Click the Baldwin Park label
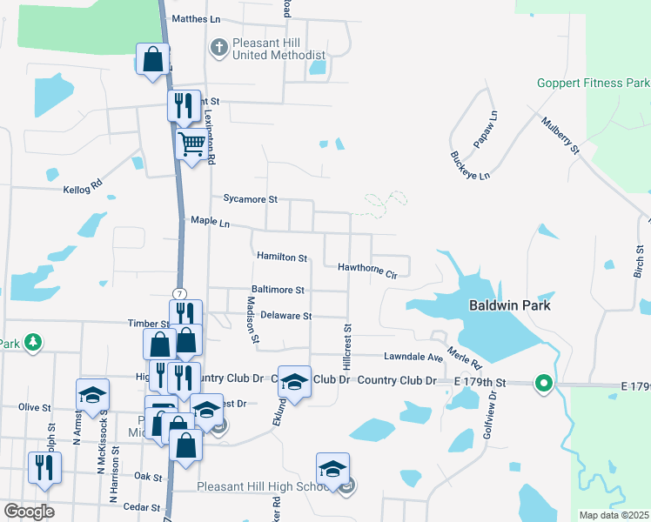pyautogui.click(x=510, y=305)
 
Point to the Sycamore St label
pyautogui.click(x=250, y=199)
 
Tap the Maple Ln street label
pyautogui.click(x=210, y=224)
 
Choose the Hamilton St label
pyautogui.click(x=282, y=258)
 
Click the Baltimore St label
pyautogui.click(x=278, y=290)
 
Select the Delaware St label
pyautogui.click(x=285, y=316)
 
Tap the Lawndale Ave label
pyautogui.click(x=414, y=357)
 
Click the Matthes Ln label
pyautogui.click(x=198, y=18)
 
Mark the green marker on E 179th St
pyautogui.click(x=544, y=383)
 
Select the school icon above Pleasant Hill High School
pyautogui.click(x=332, y=469)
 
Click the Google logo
pyautogui.click(x=29, y=512)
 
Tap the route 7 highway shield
pyautogui.click(x=178, y=293)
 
